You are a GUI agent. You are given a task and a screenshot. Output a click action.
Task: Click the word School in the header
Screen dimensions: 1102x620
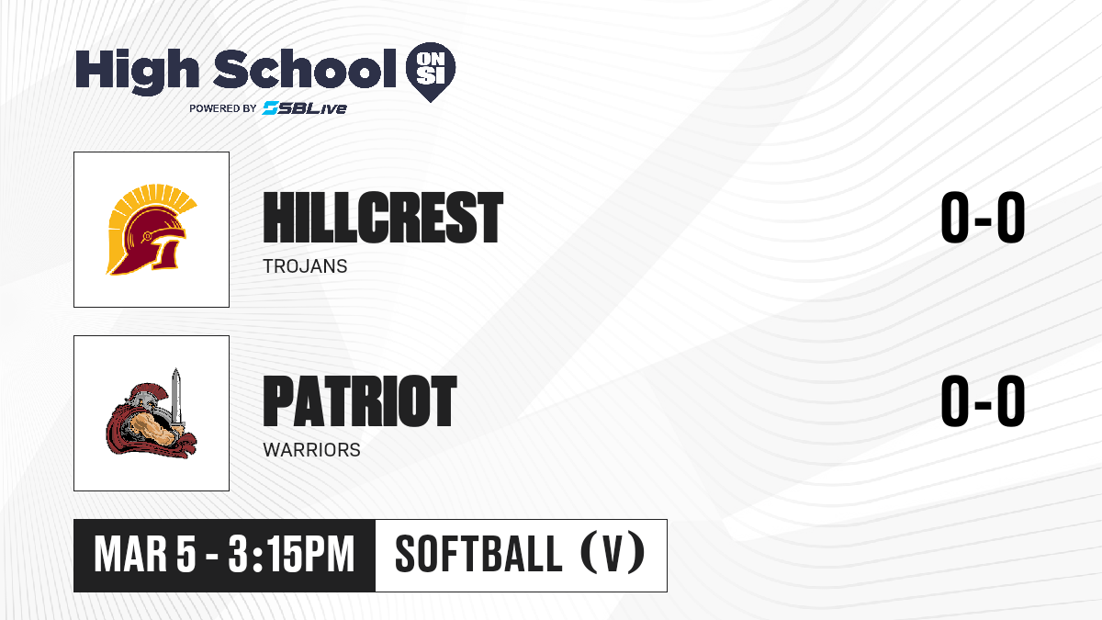point(305,68)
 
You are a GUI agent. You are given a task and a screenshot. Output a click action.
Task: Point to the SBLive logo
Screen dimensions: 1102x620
point(305,107)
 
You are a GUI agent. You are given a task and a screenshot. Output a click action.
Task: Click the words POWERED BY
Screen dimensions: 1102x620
point(223,108)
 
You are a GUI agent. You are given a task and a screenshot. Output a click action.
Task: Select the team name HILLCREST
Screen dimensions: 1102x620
point(383,218)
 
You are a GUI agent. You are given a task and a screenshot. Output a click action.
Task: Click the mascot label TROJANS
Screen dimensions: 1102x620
point(305,266)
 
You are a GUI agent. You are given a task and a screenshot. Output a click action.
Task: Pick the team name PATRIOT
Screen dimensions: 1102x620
point(360,400)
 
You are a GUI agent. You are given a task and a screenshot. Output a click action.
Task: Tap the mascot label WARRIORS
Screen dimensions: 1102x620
point(312,450)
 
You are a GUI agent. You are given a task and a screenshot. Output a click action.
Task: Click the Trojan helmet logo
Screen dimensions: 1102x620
point(152,230)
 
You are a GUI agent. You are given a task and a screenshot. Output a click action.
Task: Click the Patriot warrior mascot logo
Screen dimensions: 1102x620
point(152,413)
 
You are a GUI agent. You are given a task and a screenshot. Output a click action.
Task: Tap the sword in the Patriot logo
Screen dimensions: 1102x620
point(176,399)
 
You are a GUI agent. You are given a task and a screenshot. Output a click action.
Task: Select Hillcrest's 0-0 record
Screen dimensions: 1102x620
point(983,217)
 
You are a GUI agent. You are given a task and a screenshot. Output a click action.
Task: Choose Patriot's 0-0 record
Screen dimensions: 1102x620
point(983,400)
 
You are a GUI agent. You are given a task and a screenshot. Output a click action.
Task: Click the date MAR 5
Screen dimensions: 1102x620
point(145,554)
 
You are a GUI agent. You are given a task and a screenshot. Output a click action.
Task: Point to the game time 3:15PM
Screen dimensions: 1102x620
point(291,554)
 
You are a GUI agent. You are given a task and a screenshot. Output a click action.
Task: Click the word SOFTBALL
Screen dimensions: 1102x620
point(478,554)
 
